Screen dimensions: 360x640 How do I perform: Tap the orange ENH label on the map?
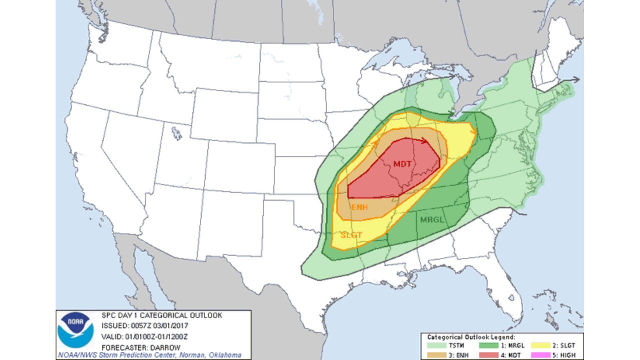(x=359, y=207)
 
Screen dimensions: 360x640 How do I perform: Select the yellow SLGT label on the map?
(x=351, y=234)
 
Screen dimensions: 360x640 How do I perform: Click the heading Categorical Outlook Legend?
(x=471, y=337)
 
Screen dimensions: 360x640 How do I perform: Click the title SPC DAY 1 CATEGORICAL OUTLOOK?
(x=161, y=315)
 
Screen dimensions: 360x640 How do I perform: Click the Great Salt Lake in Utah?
(x=176, y=133)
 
